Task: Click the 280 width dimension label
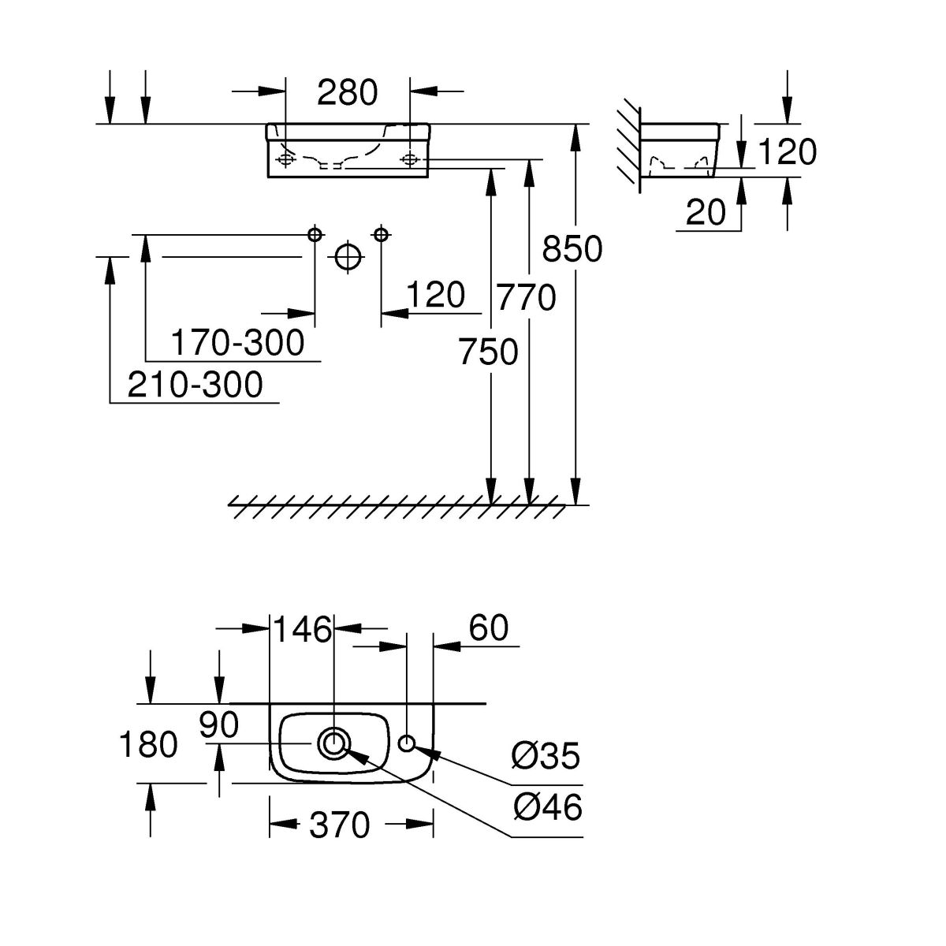click(348, 93)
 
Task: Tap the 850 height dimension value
click(572, 249)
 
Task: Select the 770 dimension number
click(527, 298)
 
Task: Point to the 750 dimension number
click(489, 352)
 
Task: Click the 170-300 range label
click(237, 343)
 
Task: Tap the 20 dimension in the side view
click(706, 212)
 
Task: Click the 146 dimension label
click(303, 629)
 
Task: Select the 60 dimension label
click(489, 628)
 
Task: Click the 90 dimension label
click(218, 725)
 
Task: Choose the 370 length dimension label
click(339, 825)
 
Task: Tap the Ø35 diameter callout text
click(546, 757)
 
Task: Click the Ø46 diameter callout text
click(546, 807)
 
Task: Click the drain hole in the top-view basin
click(334, 743)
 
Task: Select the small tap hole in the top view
click(407, 743)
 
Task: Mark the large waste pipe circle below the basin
click(348, 256)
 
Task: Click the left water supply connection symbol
click(315, 234)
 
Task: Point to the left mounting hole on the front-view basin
click(285, 160)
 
